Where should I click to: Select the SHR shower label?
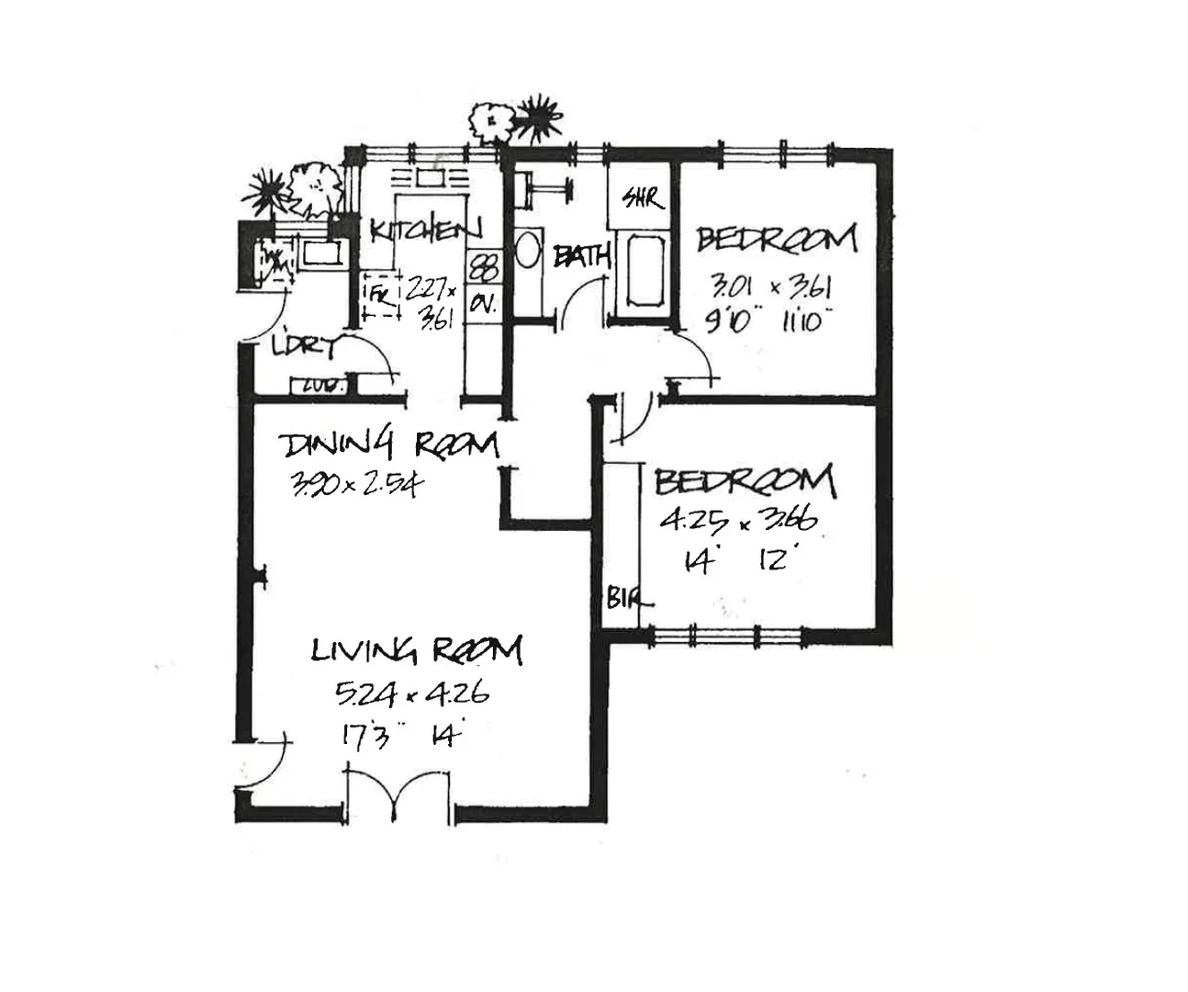pos(642,197)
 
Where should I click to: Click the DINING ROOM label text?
pos(388,445)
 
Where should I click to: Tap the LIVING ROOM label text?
pos(417,650)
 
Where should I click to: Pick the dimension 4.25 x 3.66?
pos(738,521)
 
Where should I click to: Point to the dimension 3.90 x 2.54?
pos(354,483)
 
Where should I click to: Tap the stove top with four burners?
pos(483,268)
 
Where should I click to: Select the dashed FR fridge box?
pos(381,296)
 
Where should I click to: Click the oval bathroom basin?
pos(528,250)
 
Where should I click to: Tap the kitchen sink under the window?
pos(429,178)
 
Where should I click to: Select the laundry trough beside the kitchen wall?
pos(320,253)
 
